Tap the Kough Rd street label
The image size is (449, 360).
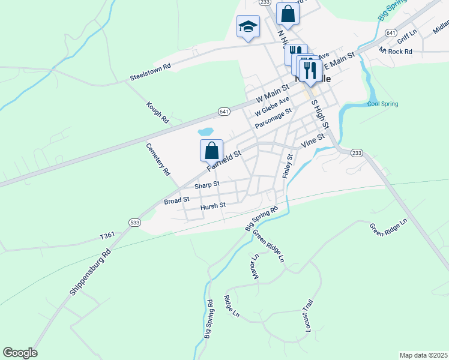click(157, 113)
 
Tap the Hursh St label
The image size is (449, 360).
click(212, 205)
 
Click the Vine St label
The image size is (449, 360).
click(313, 141)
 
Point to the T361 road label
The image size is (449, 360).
click(107, 238)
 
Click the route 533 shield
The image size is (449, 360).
click(134, 223)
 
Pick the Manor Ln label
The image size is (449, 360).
click(255, 266)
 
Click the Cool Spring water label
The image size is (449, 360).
click(382, 104)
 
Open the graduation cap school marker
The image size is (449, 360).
click(248, 27)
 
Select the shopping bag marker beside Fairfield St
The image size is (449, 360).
click(211, 150)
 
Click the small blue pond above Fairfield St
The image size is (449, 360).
click(205, 131)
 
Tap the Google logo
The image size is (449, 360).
click(20, 353)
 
